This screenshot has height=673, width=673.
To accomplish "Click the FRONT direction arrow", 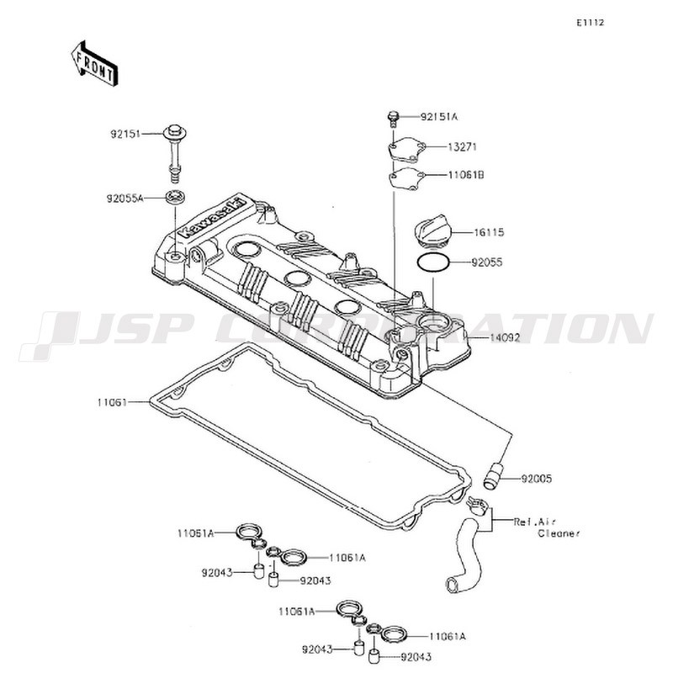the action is point(94,65).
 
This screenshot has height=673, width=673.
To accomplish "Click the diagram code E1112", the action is point(591,23).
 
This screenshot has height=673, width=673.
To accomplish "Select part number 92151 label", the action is point(125,134).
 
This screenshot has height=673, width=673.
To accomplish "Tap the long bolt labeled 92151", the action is point(175,154).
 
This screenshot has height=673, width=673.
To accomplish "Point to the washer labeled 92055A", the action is point(176,198).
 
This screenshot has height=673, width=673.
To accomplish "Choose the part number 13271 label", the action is point(462,146).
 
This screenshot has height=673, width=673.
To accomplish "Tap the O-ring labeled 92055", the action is point(433,262).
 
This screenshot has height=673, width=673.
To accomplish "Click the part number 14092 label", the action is point(505,338).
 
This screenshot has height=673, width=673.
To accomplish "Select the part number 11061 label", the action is point(112,402).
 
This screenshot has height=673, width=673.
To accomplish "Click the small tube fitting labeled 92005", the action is point(493,474).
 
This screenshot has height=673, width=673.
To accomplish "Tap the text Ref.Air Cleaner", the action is point(546,527).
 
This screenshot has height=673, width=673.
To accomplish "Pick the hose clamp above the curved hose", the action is point(478,505).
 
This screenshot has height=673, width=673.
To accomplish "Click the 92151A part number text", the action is point(438,117).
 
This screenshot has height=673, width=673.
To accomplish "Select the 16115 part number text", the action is point(489,233).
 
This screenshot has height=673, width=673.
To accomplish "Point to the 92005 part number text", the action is point(537,479).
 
